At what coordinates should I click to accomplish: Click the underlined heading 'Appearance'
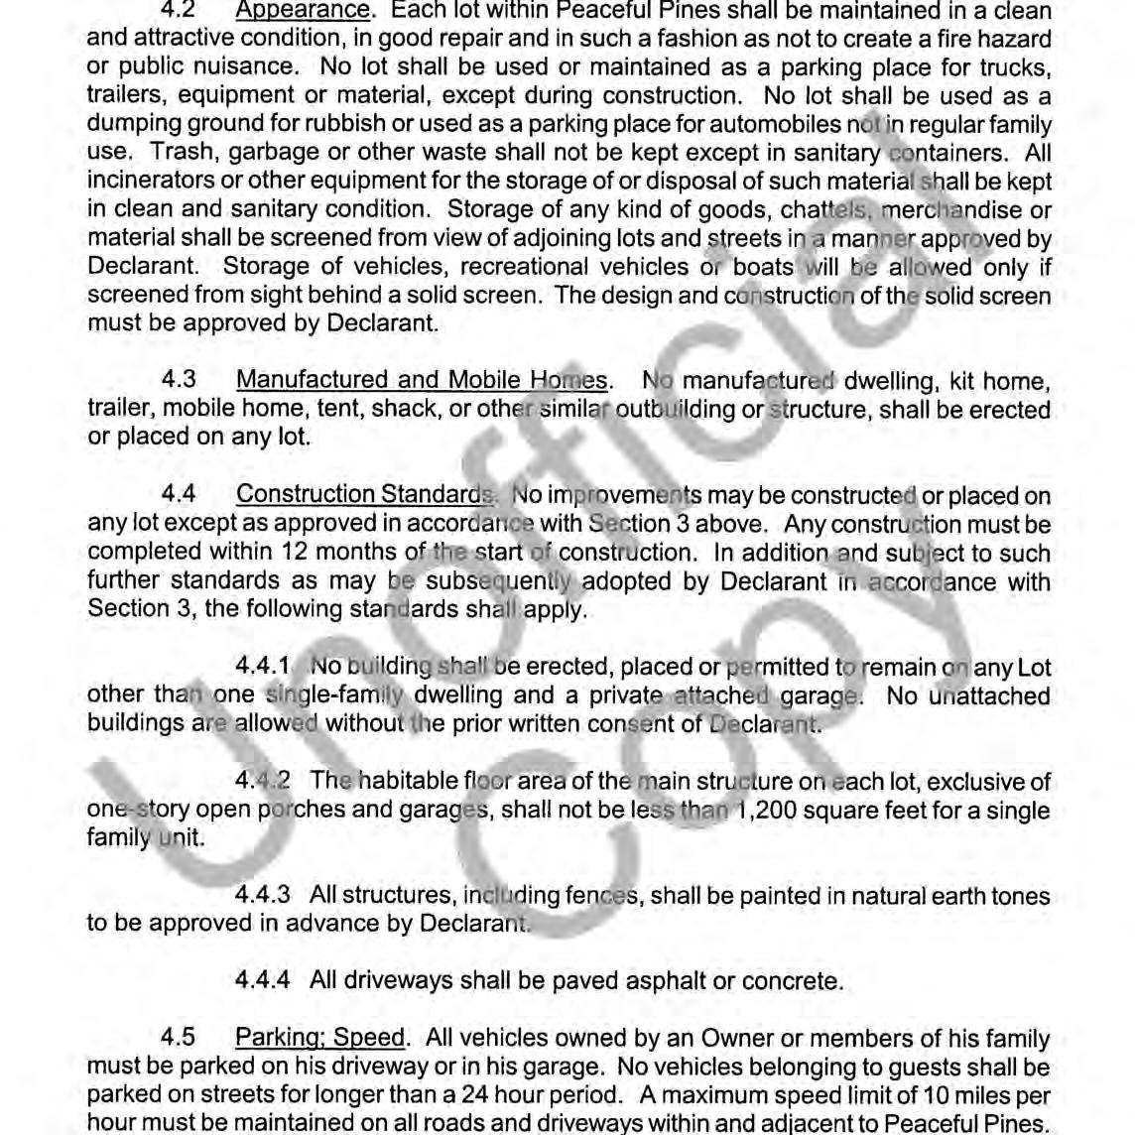coord(302,11)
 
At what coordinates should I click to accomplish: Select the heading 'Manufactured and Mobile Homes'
coord(422,380)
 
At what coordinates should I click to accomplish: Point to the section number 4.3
coord(179,380)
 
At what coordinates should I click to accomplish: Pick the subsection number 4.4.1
coord(262,668)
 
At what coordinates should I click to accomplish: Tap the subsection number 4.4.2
coord(262,782)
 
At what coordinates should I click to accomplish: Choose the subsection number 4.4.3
coord(262,896)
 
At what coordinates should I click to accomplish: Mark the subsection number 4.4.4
coord(262,981)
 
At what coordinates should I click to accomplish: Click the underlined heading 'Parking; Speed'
coord(320,1038)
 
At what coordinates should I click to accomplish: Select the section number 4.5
coord(179,1038)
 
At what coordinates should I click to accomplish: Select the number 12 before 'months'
coord(296,552)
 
